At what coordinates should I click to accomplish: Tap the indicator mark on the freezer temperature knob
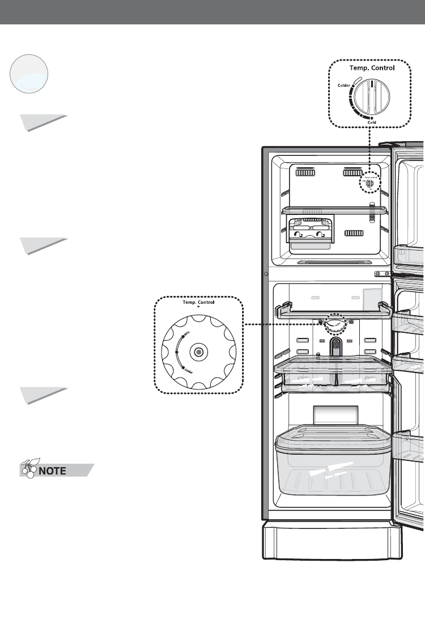click(372, 86)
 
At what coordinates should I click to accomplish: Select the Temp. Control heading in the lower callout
click(198, 303)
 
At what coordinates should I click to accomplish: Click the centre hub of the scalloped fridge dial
click(198, 352)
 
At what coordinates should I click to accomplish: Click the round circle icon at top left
click(29, 74)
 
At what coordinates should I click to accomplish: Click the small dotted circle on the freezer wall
click(369, 183)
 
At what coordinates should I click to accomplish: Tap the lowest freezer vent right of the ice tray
click(355, 233)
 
